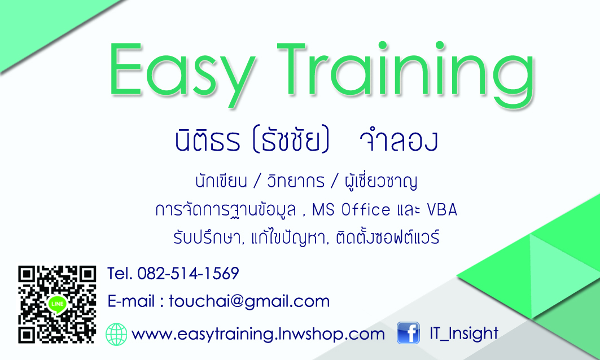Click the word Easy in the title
(182, 73)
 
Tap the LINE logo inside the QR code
(57, 305)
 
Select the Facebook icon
(408, 332)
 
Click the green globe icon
(116, 335)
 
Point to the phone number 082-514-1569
(189, 274)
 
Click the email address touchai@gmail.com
(249, 301)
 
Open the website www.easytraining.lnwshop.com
(258, 335)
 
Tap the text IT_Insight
(464, 333)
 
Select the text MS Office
(351, 210)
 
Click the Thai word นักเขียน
(221, 181)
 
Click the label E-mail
(132, 301)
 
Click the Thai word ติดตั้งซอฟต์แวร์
(388, 238)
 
